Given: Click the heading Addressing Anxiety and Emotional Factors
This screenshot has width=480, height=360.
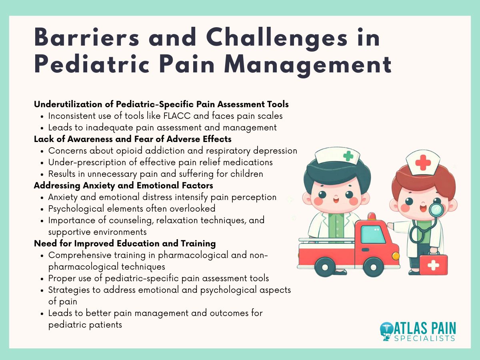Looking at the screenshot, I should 123,186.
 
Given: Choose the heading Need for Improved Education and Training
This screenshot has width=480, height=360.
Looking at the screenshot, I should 125,243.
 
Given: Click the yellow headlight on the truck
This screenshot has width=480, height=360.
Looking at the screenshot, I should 396,256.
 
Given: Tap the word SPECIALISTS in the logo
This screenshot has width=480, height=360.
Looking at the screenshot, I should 428,338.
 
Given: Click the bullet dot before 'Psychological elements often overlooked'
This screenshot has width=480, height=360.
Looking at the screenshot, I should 42,209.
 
